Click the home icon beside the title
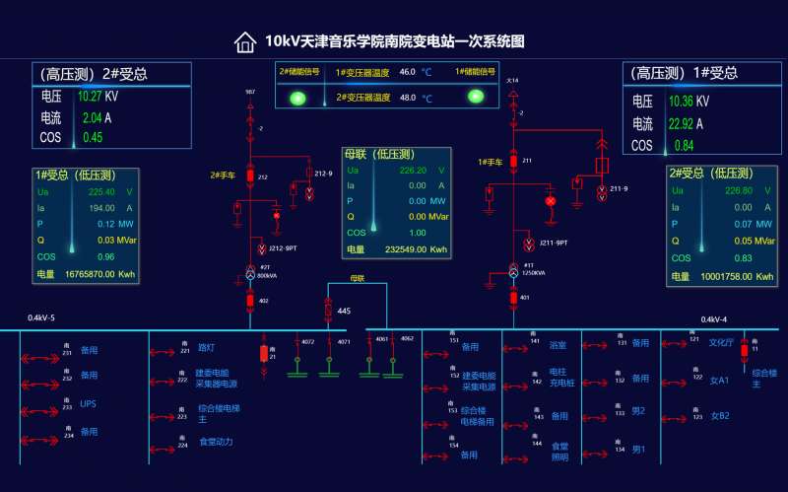tap(244, 41)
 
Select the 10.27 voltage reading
tap(90, 97)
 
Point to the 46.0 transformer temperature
tap(408, 72)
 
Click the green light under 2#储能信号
tap(296, 97)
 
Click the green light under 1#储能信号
tap(476, 96)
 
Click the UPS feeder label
tap(89, 404)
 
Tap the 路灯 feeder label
tap(206, 348)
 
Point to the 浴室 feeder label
tap(558, 345)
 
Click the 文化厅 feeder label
tap(721, 343)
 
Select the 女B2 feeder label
tap(720, 415)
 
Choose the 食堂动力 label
tap(216, 442)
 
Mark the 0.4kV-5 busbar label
tap(41, 318)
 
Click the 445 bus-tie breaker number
tap(344, 312)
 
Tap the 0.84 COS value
tap(684, 146)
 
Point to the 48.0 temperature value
tap(408, 98)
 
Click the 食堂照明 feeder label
tap(559, 452)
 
